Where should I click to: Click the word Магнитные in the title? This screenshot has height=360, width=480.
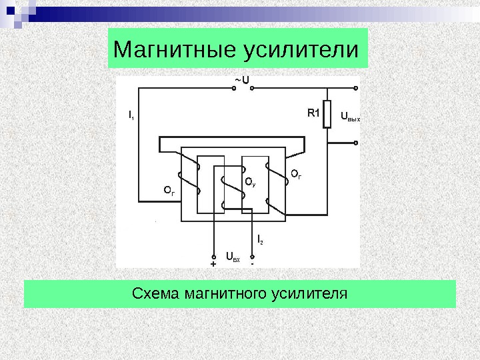(x=167, y=49)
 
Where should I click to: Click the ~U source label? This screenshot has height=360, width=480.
(x=241, y=79)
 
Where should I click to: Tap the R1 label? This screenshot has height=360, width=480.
(x=314, y=113)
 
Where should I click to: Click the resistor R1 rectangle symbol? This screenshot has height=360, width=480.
(x=327, y=114)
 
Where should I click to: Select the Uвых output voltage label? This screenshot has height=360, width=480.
(x=350, y=118)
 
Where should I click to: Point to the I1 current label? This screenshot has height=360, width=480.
(x=131, y=115)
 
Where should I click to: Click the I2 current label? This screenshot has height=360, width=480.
(x=260, y=238)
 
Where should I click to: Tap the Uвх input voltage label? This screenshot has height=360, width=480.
(x=233, y=255)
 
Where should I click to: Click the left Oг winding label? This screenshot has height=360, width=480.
(x=169, y=191)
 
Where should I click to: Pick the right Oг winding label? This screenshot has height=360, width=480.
(x=296, y=175)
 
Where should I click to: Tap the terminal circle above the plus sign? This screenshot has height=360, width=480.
(x=213, y=256)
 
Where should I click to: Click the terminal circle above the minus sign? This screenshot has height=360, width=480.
(x=252, y=256)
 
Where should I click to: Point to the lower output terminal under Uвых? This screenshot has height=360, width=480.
(x=357, y=141)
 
